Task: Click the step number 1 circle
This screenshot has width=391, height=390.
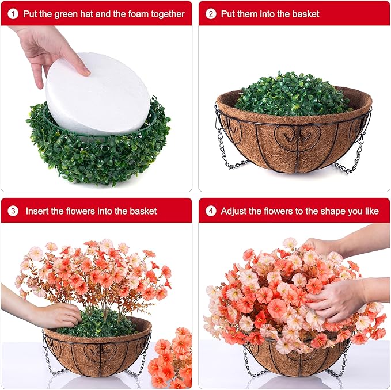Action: click(x=13, y=13)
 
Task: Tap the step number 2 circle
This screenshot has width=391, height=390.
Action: click(x=211, y=13)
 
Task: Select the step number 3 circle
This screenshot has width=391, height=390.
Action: click(x=13, y=211)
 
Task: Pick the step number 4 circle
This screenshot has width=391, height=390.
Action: click(x=211, y=211)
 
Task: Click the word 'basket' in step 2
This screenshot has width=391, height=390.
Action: click(x=305, y=13)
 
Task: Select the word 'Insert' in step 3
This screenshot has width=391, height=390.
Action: click(x=38, y=211)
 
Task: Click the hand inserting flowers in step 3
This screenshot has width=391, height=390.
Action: click(x=55, y=314)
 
